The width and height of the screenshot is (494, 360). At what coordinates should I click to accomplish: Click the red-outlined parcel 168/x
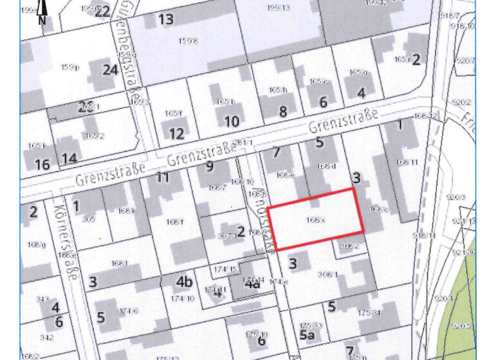point(315,219)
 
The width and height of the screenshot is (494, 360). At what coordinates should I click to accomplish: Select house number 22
point(102,11)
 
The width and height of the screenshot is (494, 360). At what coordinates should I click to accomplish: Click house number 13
point(166,19)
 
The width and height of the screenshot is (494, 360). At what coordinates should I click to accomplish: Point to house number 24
point(111,69)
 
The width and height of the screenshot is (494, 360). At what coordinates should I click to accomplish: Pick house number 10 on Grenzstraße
point(232,121)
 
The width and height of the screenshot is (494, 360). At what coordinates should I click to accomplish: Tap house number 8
point(283,112)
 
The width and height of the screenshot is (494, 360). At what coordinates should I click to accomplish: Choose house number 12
point(176,134)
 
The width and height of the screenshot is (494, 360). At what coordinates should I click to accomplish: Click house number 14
point(69,158)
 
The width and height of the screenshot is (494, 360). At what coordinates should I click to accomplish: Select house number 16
point(42,165)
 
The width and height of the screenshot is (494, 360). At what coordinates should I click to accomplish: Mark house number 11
point(163,177)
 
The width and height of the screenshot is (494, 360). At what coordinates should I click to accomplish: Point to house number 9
point(209,166)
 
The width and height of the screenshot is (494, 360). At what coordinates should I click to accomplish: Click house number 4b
point(185,282)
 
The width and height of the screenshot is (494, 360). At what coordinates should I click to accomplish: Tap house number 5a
point(307,335)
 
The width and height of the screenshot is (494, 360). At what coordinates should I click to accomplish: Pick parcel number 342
point(46,337)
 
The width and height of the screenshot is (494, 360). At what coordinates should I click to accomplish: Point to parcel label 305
point(89,219)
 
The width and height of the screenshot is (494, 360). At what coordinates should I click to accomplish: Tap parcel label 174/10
point(183,298)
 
